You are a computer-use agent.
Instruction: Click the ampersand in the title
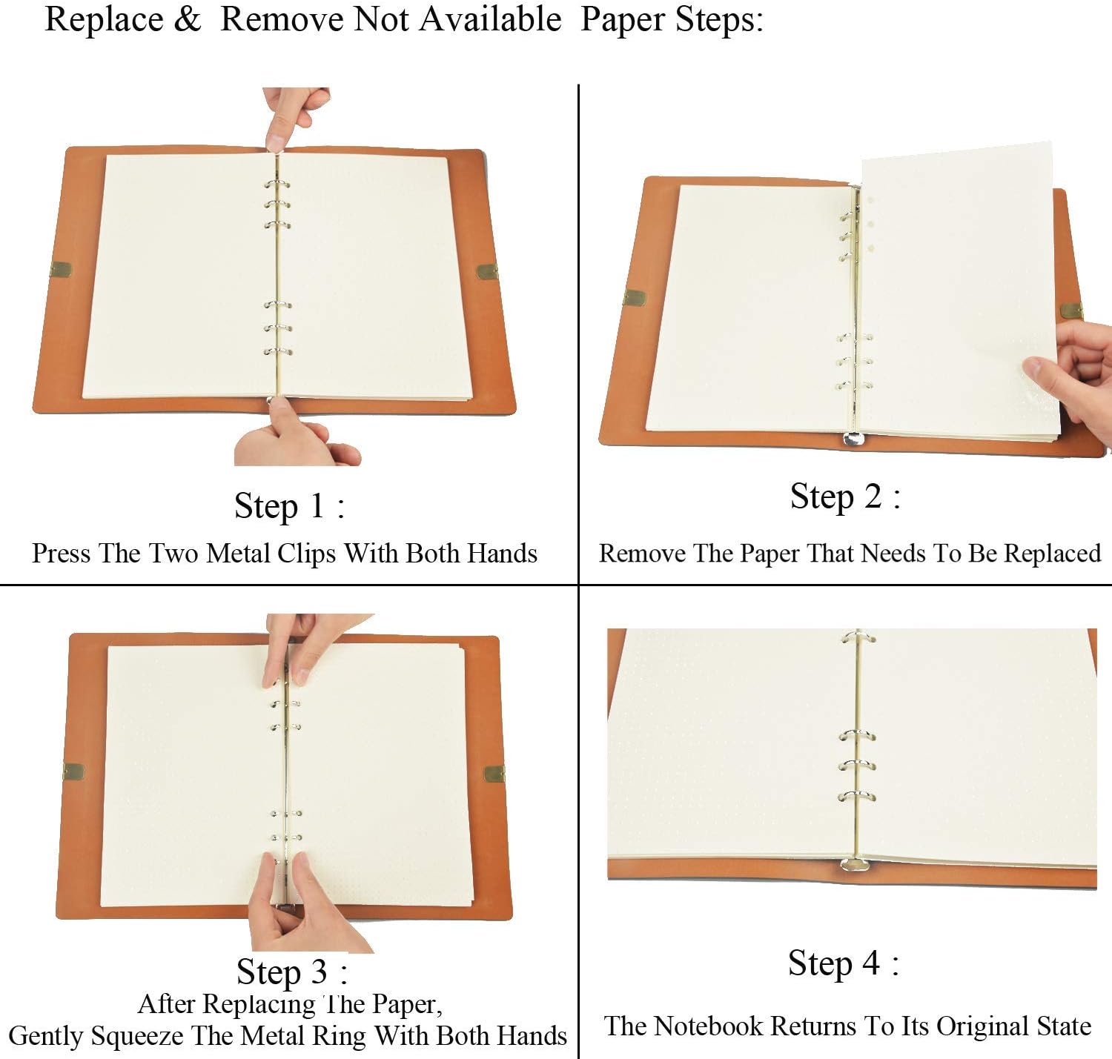pyautogui.click(x=188, y=19)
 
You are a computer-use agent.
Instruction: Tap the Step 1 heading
pyautogui.click(x=289, y=505)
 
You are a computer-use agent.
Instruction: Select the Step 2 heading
pyautogui.click(x=845, y=497)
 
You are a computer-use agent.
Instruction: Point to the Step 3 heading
pyautogui.click(x=292, y=972)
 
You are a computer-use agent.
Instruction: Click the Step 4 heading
pyautogui.click(x=844, y=963)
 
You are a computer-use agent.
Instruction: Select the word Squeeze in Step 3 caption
pyautogui.click(x=137, y=1036)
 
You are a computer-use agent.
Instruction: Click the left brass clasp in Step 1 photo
pyautogui.click(x=61, y=269)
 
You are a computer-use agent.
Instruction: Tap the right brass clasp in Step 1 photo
pyautogui.click(x=487, y=272)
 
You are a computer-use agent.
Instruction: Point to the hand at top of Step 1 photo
pyautogui.click(x=295, y=116)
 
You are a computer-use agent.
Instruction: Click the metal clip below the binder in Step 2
pyautogui.click(x=853, y=438)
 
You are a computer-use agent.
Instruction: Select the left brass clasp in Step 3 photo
pyautogui.click(x=73, y=771)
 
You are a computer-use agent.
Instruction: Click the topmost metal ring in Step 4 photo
pyautogui.click(x=858, y=637)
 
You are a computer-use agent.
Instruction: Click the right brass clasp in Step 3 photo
pyautogui.click(x=495, y=774)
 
